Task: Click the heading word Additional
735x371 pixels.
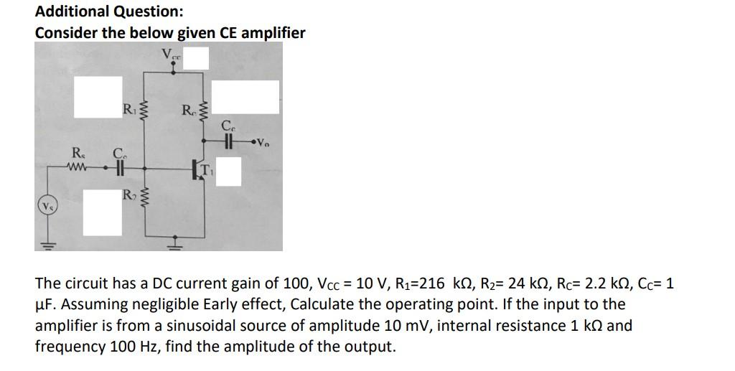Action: [x=70, y=11]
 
